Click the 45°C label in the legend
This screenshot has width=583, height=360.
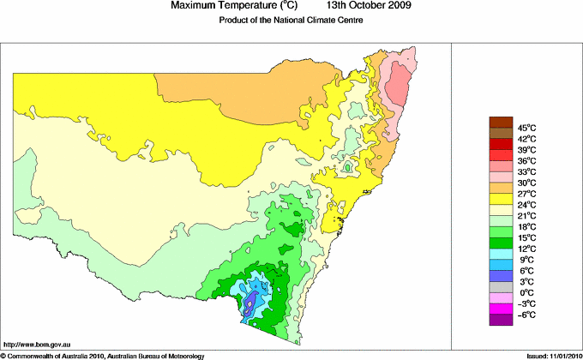click(526, 128)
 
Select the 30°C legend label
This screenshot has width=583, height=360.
click(526, 183)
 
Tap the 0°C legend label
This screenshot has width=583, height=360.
click(526, 292)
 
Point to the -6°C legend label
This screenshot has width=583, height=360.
click(526, 315)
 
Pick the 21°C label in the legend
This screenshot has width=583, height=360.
click(526, 216)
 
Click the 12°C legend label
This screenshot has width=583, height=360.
click(526, 249)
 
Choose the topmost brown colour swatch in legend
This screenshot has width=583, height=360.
click(500, 122)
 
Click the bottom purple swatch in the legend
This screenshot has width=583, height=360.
click(500, 320)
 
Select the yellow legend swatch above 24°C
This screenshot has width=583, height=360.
click(500, 199)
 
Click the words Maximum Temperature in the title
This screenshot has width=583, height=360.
click(227, 6)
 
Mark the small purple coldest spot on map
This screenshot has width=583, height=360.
click(249, 302)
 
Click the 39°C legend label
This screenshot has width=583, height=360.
click(526, 150)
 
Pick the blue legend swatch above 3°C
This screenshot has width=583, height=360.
click(500, 276)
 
